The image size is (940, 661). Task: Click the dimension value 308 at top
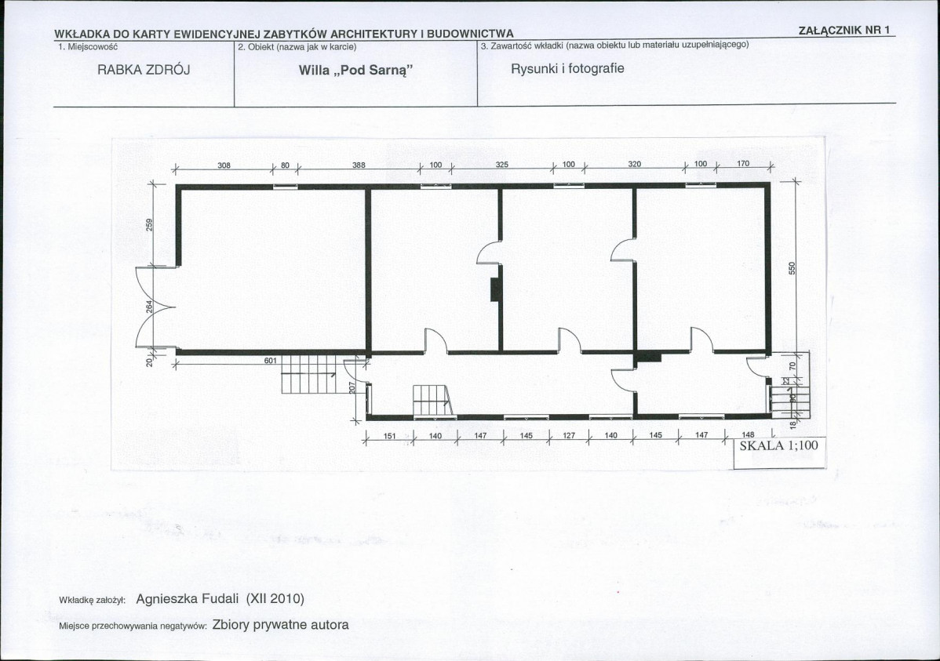[224, 165]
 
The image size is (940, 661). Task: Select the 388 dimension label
[359, 165]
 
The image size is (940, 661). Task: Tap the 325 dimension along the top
[501, 165]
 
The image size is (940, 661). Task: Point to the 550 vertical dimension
[792, 268]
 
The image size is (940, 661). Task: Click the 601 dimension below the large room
[271, 360]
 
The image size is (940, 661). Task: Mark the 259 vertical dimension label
[150, 224]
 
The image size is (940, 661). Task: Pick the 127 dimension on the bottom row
[568, 436]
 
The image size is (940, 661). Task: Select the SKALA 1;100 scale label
[778, 446]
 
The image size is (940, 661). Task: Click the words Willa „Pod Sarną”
[356, 70]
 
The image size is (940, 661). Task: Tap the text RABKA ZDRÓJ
[144, 70]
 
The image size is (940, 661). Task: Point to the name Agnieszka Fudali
[187, 599]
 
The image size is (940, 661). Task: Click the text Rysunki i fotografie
[567, 68]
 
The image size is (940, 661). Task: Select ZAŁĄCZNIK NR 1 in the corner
[845, 31]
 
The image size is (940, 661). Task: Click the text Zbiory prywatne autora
[280, 624]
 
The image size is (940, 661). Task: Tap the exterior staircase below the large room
[308, 374]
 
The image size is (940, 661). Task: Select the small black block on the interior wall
[496, 290]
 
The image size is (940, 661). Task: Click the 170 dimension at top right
[743, 164]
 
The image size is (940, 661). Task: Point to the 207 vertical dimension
[352, 388]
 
